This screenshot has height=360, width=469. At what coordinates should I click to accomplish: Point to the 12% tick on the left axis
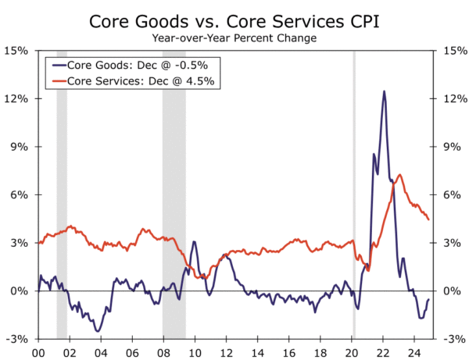18,99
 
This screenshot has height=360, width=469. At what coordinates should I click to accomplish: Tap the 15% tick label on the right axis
452,51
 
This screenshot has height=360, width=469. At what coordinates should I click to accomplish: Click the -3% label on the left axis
18,340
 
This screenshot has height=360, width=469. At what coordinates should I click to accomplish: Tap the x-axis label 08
163,352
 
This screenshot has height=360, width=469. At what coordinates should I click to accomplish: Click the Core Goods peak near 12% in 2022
384,91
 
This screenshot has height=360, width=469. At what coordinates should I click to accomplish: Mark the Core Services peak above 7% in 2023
400,175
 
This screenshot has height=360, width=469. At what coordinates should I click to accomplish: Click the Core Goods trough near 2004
98,331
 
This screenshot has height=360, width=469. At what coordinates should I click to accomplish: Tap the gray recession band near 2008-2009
174,195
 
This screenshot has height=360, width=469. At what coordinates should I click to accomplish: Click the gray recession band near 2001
62,195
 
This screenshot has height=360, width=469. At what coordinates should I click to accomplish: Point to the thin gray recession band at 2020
354,195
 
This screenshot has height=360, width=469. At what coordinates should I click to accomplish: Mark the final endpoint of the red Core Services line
428,219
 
